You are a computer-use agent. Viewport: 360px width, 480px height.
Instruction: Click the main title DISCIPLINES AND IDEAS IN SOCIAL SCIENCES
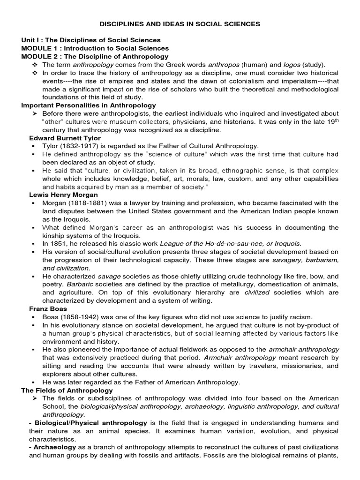(x=180, y=23)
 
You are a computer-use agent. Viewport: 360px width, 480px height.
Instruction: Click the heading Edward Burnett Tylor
(x=65, y=138)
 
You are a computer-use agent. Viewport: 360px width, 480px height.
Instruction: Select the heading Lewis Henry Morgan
(x=63, y=195)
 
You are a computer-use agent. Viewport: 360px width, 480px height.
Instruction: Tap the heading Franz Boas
(x=48, y=309)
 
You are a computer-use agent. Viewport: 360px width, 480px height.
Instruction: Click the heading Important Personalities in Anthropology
(x=89, y=105)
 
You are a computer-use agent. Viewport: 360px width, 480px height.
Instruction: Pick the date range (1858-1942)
(x=78, y=317)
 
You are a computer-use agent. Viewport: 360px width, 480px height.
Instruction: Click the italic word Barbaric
(x=77, y=284)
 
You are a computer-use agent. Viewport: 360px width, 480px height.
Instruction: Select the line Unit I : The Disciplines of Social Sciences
(x=91, y=40)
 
